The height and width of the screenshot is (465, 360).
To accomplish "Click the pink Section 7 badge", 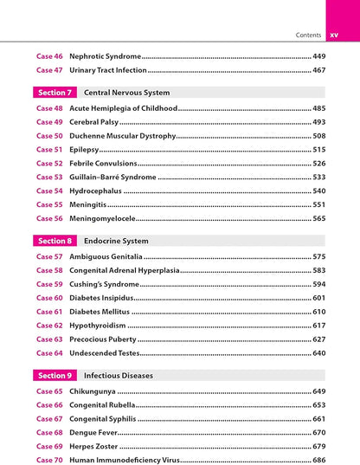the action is tap(55, 92).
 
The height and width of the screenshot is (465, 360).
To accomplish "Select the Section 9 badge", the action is tap(55, 376).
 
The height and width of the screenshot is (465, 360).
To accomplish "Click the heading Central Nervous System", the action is tap(126, 92).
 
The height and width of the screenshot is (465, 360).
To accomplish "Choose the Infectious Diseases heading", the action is tap(118, 376).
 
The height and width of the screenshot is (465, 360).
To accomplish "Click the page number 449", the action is tap(318, 55).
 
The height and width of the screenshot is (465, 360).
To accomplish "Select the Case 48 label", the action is tap(49, 108).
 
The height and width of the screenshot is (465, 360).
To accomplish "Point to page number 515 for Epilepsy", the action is tap(318, 150).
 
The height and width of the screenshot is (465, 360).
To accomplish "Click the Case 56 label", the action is tap(49, 219).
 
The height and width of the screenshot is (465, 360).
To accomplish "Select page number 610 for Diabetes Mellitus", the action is tap(318, 312).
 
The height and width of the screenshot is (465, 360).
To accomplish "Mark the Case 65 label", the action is tap(49, 391).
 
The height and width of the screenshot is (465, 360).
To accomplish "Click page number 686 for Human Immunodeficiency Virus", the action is tap(318, 460).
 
